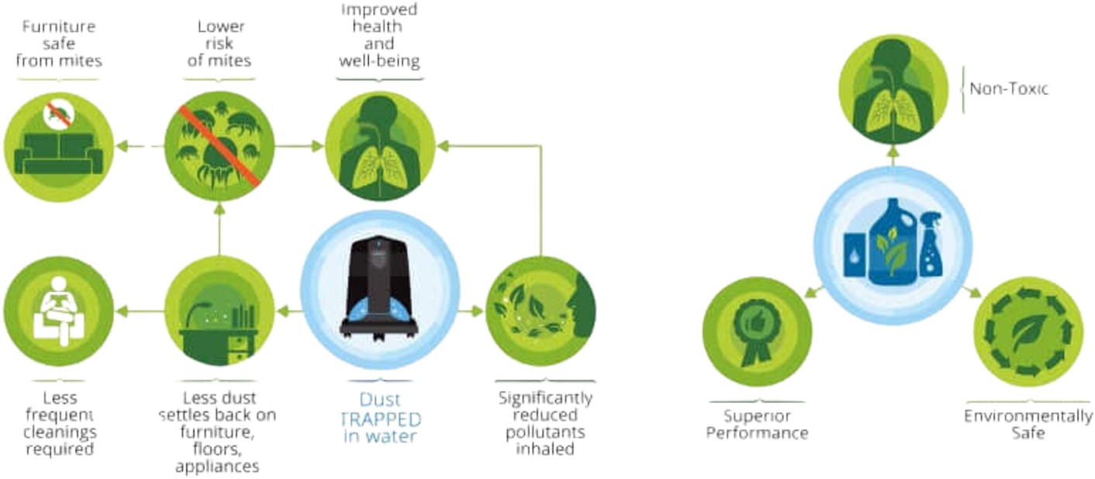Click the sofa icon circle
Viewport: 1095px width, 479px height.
[x=59, y=147]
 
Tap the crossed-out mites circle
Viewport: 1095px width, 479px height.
[x=219, y=146]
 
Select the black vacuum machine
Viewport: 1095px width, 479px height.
[x=380, y=288]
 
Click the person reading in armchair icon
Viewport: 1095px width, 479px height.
[x=59, y=311]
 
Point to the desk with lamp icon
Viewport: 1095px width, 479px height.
[x=219, y=311]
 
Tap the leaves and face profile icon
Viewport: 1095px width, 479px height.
[x=541, y=311]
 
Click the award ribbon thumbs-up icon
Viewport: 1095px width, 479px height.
[x=757, y=331]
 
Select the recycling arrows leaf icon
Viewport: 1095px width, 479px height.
[x=1028, y=331]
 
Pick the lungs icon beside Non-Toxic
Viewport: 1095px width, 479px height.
[x=893, y=89]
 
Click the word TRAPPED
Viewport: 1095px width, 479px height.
[x=380, y=419]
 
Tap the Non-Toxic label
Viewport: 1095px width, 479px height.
[x=1008, y=89]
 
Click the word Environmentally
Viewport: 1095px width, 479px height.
[x=1028, y=416]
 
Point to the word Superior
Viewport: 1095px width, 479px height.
[x=757, y=416]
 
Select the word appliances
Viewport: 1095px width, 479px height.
[x=218, y=467]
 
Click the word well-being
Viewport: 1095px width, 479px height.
[x=379, y=61]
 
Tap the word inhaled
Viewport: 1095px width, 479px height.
[x=545, y=449]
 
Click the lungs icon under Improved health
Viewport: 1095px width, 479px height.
[x=380, y=146]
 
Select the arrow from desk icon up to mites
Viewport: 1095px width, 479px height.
[x=219, y=229]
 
